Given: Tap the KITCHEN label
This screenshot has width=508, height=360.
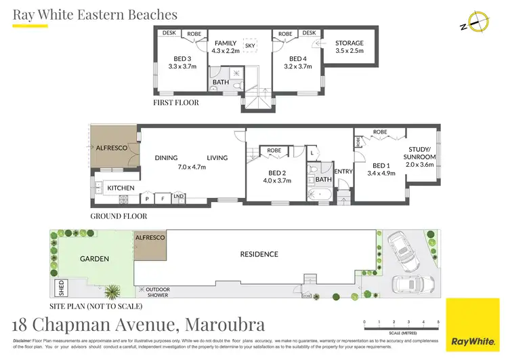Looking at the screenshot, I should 121,188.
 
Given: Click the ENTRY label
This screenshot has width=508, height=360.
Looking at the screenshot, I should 343,172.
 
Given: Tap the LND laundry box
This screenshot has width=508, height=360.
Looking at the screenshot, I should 179,197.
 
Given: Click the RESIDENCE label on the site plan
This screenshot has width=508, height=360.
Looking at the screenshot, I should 259,254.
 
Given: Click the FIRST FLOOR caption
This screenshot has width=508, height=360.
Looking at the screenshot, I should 175,102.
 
